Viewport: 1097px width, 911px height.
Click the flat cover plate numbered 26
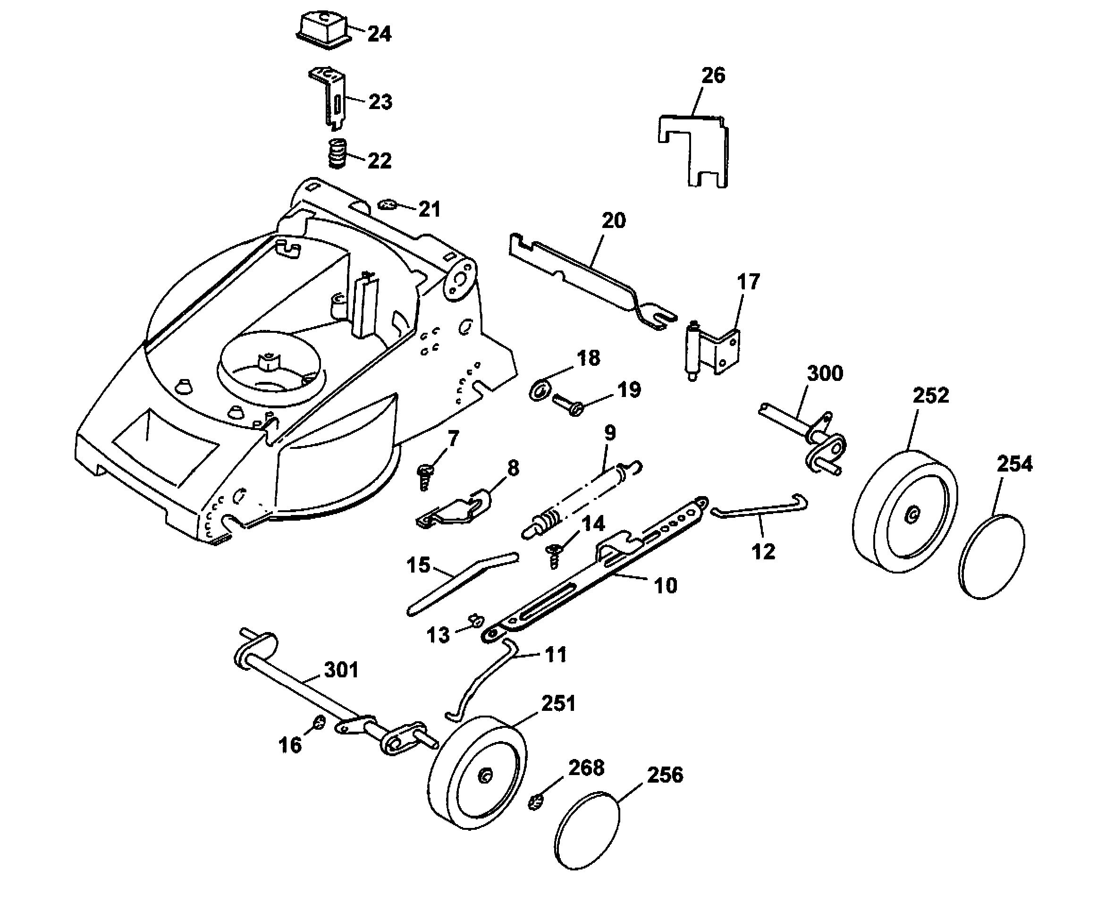(x=692, y=150)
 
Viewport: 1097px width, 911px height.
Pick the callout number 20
(x=613, y=221)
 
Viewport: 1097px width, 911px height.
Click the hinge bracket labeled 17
(x=714, y=349)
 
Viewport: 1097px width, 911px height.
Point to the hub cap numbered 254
(x=993, y=557)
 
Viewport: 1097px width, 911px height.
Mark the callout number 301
(x=342, y=670)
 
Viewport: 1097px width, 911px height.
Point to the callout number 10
(x=666, y=586)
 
